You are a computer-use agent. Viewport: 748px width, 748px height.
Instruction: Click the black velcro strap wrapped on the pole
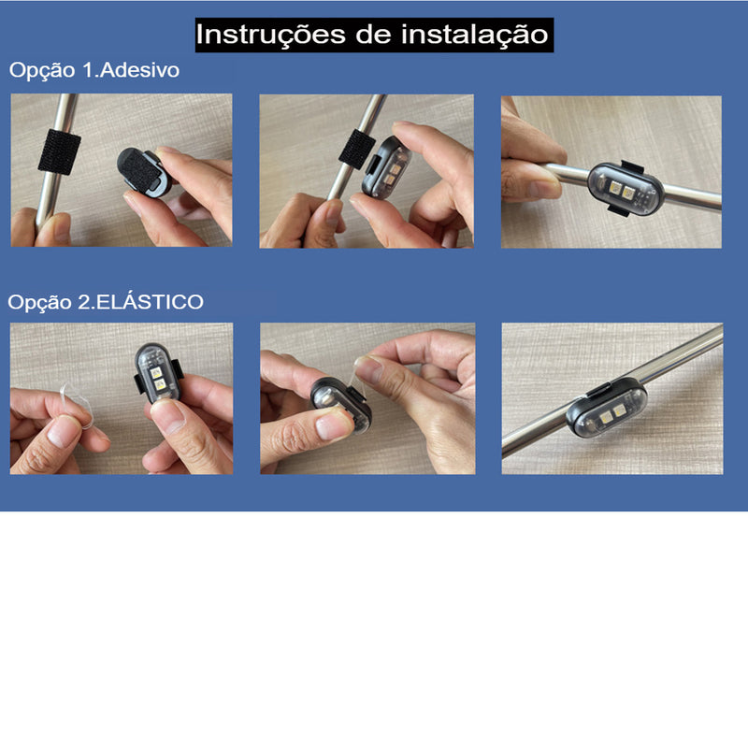[x=59, y=151]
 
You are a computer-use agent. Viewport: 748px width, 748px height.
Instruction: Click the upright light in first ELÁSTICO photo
[x=155, y=373]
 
